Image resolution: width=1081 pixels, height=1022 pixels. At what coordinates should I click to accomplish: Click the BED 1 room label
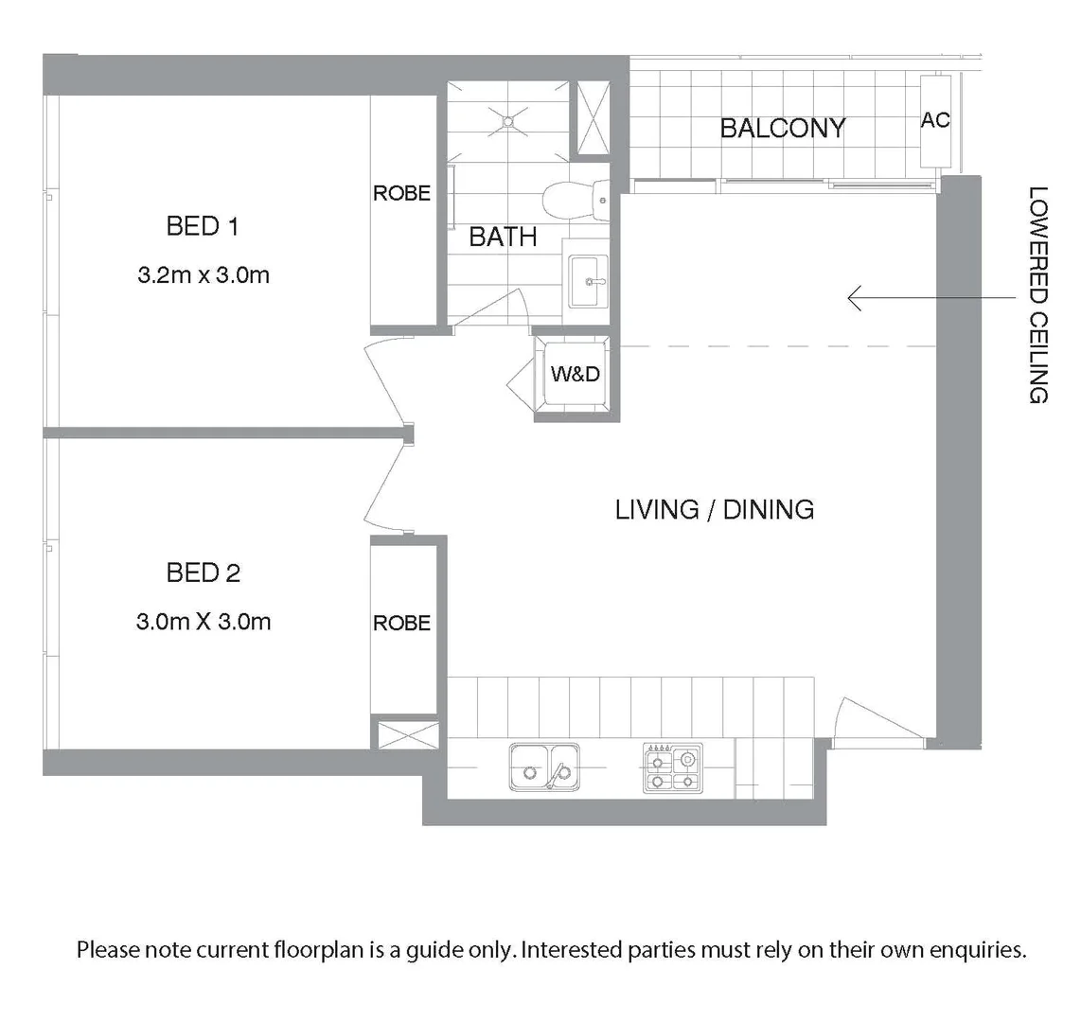[x=202, y=226]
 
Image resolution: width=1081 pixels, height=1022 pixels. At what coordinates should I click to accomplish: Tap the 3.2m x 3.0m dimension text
[x=203, y=275]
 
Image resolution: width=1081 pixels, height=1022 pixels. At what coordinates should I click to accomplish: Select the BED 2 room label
[x=203, y=573]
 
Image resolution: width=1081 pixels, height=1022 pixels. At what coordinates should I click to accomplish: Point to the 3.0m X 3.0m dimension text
[x=203, y=622]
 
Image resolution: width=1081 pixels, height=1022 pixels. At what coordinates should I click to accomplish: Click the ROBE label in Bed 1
[x=401, y=193]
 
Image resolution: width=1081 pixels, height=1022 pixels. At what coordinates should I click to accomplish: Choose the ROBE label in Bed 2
[x=401, y=623]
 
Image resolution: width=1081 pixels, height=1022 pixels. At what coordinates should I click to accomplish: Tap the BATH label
[x=503, y=237]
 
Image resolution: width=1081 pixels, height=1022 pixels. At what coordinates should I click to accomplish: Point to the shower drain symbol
[x=508, y=120]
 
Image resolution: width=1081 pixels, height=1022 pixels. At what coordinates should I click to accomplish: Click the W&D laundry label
[x=576, y=374]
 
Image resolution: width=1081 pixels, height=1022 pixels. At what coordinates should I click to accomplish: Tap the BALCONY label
[x=782, y=128]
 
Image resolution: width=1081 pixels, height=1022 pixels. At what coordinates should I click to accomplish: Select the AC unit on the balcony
[x=935, y=121]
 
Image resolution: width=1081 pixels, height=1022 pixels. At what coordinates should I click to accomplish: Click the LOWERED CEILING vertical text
[x=1038, y=294]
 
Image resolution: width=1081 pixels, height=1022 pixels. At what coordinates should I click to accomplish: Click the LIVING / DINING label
[x=715, y=509]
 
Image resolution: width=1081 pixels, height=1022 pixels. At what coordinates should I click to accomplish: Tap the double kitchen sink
[x=544, y=766]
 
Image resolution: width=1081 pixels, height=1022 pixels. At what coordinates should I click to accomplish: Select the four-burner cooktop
[x=673, y=766]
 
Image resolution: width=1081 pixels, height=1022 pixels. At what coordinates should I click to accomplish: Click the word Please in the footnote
[x=108, y=949]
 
